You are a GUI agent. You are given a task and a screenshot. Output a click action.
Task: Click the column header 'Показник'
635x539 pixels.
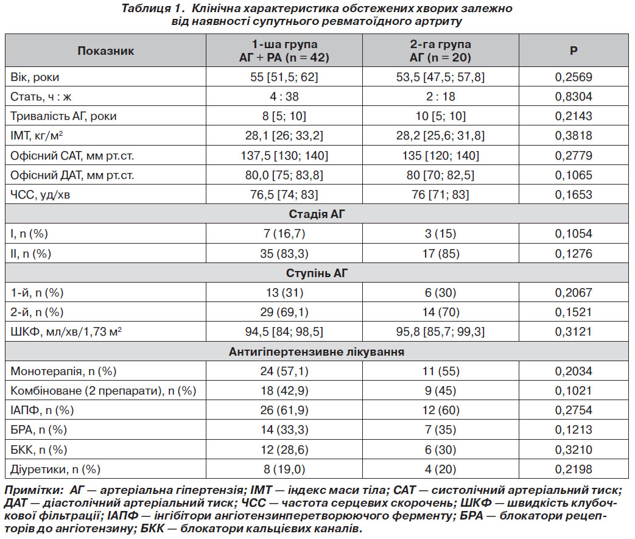[x=106, y=51]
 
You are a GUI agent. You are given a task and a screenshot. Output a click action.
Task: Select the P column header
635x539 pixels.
[x=574, y=51]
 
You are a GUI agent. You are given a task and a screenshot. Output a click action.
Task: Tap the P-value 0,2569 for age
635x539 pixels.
[x=574, y=77]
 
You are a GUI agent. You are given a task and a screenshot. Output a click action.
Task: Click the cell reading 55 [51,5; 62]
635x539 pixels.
[x=284, y=77]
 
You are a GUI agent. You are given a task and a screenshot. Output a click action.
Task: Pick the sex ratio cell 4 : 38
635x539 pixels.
[x=284, y=96]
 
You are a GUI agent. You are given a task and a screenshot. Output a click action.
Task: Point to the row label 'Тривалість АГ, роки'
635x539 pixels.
[x=63, y=116]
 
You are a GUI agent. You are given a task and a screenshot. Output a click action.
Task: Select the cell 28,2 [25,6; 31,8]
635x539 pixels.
[x=440, y=135]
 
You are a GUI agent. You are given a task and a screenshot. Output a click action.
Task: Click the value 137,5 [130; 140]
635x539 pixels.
[x=284, y=156]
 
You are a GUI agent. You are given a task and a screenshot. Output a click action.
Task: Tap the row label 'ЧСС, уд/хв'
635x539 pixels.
[x=40, y=195]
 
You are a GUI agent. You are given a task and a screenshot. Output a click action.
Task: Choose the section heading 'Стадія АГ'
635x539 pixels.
[x=317, y=214]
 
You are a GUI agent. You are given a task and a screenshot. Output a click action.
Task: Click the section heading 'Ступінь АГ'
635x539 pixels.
[x=317, y=273]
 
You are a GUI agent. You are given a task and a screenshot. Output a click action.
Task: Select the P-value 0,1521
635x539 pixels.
[x=574, y=312]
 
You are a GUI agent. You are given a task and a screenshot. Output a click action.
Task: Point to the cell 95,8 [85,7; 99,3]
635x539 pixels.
[x=440, y=332]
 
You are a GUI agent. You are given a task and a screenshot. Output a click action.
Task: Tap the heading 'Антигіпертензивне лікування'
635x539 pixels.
[x=317, y=351]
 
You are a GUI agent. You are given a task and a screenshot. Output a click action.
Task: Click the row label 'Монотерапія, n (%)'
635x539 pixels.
[x=63, y=372]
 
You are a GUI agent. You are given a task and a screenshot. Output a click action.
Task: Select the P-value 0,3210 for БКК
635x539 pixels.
[x=574, y=449]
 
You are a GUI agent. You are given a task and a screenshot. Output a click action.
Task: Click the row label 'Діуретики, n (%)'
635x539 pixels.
[x=55, y=470]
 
